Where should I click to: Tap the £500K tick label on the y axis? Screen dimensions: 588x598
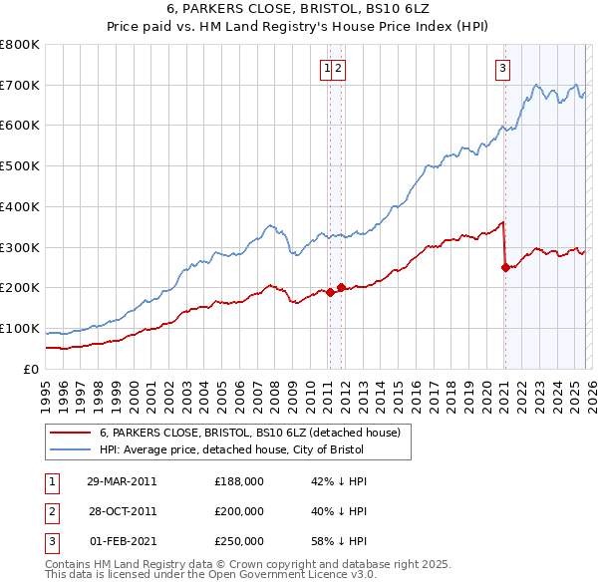coord(20,165)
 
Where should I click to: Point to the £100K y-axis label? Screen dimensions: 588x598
coord(20,328)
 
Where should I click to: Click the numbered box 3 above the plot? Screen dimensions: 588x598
coord(503,69)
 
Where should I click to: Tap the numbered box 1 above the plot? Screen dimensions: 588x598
coord(327,69)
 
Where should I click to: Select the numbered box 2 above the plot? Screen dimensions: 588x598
coord(339,69)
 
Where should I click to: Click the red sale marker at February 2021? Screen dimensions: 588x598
coord(505,267)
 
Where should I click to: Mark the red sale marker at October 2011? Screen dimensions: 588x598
coord(341,287)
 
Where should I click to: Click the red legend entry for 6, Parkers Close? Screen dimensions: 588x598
coord(249,433)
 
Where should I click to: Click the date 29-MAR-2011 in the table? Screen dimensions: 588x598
coord(122,480)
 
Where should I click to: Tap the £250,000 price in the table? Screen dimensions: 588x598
coord(239,541)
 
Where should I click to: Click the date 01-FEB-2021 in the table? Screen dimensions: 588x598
coord(122,541)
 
